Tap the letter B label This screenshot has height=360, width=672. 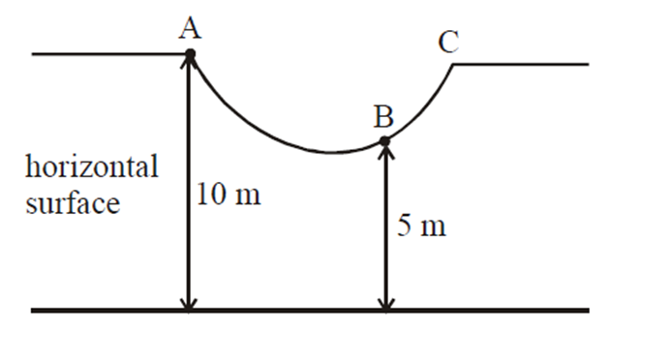(x=383, y=118)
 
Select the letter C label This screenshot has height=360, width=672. (x=447, y=42)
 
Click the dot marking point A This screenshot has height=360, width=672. (x=190, y=54)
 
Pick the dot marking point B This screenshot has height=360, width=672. (x=384, y=141)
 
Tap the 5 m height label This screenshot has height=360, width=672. (x=422, y=227)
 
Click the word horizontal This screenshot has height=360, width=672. (x=92, y=166)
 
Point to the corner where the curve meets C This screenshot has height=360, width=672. (x=454, y=65)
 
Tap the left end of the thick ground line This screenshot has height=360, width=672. (x=35, y=311)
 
